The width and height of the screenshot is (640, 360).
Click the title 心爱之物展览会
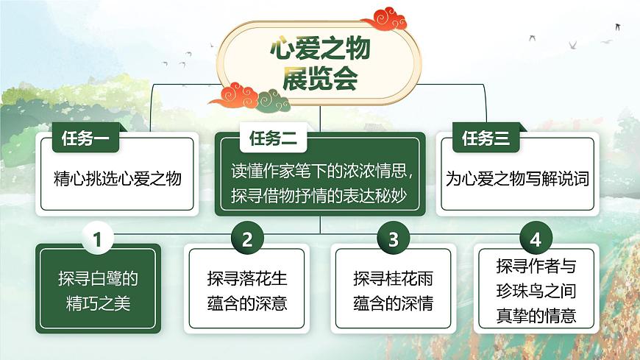(x=321, y=65)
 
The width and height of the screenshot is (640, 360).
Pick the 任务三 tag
(x=486, y=138)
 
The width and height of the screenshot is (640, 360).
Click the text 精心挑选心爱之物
(x=118, y=178)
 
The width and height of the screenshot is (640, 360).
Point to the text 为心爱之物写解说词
(x=518, y=178)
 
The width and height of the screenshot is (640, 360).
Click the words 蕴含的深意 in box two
(x=247, y=303)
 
